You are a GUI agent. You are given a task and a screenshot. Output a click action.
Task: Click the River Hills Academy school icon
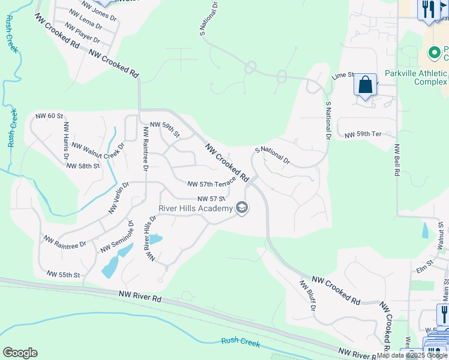pos(243,208)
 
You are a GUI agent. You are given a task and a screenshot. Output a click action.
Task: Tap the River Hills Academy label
pos(195,208)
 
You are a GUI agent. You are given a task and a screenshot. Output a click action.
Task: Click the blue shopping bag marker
pos(365,85)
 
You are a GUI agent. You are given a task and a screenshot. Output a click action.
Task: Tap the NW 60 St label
pos(49,115)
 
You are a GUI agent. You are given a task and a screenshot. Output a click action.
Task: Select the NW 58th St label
pos(82,166)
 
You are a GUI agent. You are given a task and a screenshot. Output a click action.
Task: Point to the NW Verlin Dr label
pos(119,198)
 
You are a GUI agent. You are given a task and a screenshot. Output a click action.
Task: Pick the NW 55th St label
pos(64,275)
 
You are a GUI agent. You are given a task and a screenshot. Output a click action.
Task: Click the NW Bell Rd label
pos(397,160)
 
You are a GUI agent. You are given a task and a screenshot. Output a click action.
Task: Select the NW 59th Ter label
pos(363,135)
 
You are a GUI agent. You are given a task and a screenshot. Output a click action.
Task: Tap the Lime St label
pos(343,76)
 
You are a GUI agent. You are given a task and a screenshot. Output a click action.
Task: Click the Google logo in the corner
pos(20,353)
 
